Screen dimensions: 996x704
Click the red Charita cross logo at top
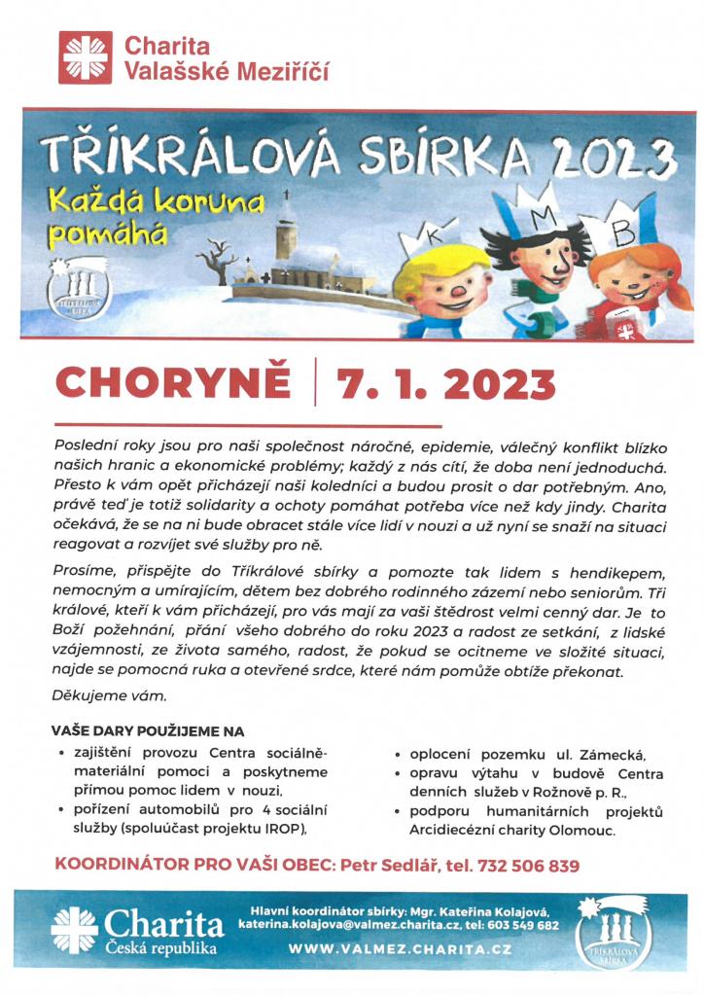point(86,57)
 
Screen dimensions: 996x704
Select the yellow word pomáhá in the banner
point(97,234)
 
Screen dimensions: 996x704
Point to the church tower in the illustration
point(285,234)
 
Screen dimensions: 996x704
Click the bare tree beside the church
point(217,263)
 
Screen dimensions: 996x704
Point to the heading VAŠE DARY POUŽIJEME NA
point(147,730)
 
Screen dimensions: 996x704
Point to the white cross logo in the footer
point(75,930)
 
